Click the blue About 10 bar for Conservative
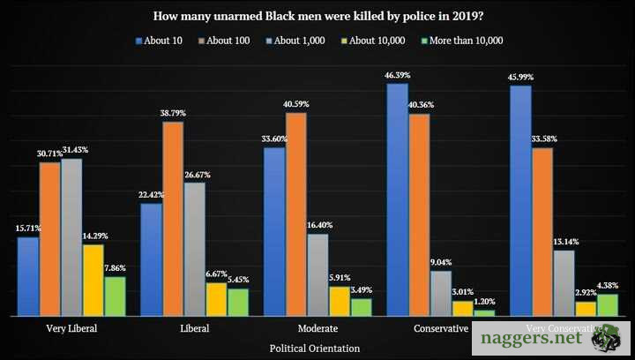[397, 199]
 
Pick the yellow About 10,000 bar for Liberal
[216, 299]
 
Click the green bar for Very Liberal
[115, 296]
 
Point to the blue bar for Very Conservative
[520, 200]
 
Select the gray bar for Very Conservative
[564, 282]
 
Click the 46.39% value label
[397, 77]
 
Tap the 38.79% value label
[173, 115]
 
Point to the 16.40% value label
[319, 227]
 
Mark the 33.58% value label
[543, 140]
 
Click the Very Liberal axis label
[71, 329]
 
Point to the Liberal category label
[195, 329]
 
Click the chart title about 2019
[317, 16]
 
